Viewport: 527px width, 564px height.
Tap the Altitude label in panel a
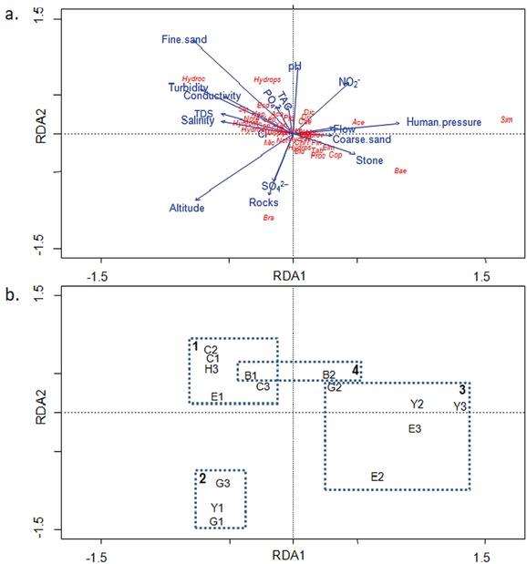pos(187,208)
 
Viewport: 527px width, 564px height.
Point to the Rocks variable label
pos(263,201)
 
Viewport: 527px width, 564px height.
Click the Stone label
pos(369,160)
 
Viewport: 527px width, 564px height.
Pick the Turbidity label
pos(189,87)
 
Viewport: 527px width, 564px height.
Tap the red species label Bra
pos(268,218)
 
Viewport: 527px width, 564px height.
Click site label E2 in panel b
pos(377,477)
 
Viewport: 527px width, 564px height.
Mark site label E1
pos(217,396)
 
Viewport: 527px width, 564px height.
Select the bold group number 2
pos(202,477)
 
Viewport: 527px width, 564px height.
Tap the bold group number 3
pos(463,390)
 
